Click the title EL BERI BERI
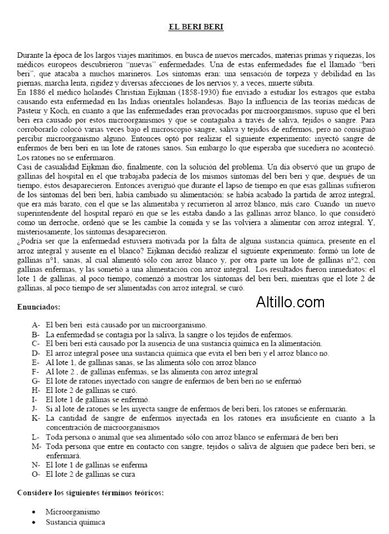click(x=196, y=26)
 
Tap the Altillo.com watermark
click(x=290, y=302)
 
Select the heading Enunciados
click(x=39, y=306)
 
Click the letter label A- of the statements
click(x=36, y=325)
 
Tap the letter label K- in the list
click(x=36, y=418)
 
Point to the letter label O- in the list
click(x=36, y=475)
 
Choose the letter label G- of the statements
click(x=36, y=381)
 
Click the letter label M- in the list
click(x=37, y=446)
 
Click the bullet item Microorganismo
click(x=73, y=512)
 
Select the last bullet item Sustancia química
click(x=76, y=522)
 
